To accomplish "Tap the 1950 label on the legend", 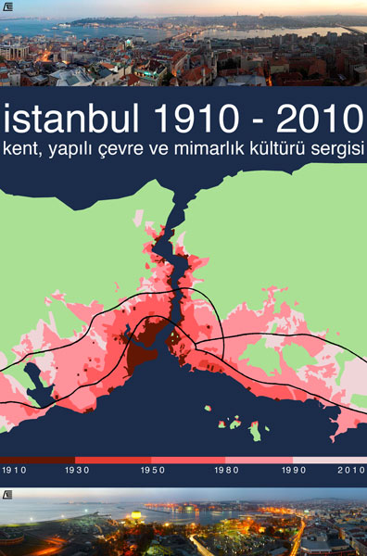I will tap(153, 471).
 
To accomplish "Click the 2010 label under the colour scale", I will tap(351, 471).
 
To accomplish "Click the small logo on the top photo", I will tap(7, 6).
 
